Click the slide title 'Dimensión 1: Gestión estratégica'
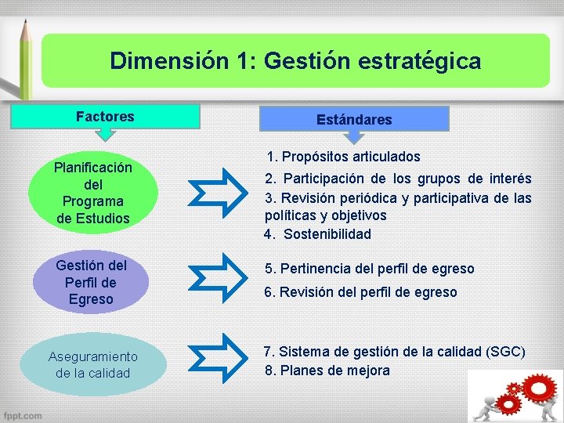click(x=295, y=60)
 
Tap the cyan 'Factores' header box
click(x=105, y=117)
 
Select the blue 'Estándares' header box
click(x=354, y=120)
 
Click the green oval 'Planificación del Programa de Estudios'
click(x=92, y=193)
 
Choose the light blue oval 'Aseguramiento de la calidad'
click(x=92, y=364)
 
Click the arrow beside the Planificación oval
click(x=221, y=192)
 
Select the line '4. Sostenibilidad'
click(x=317, y=234)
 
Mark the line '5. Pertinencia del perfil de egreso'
click(x=369, y=269)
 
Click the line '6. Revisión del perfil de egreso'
click(x=360, y=292)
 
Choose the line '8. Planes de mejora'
click(x=327, y=371)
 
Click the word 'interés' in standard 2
click(x=508, y=179)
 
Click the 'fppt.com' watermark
click(x=23, y=414)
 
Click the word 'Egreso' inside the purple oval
click(x=91, y=299)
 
